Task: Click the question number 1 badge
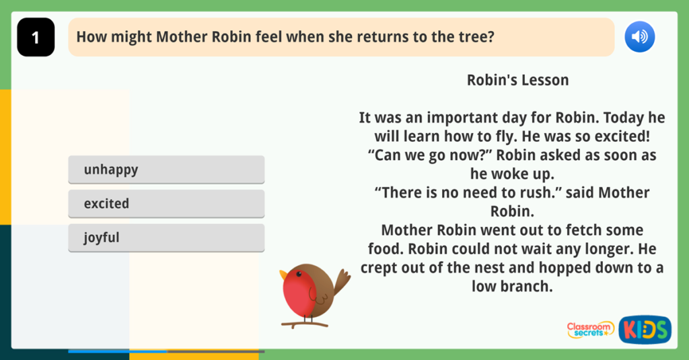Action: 36,38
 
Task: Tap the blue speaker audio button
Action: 639,37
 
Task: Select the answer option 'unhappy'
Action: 166,170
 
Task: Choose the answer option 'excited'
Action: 166,203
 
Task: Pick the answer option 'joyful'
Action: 166,238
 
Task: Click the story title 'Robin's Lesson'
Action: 517,80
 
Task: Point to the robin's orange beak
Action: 284,275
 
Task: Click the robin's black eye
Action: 299,274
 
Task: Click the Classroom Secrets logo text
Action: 589,329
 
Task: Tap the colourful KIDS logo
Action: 645,330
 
